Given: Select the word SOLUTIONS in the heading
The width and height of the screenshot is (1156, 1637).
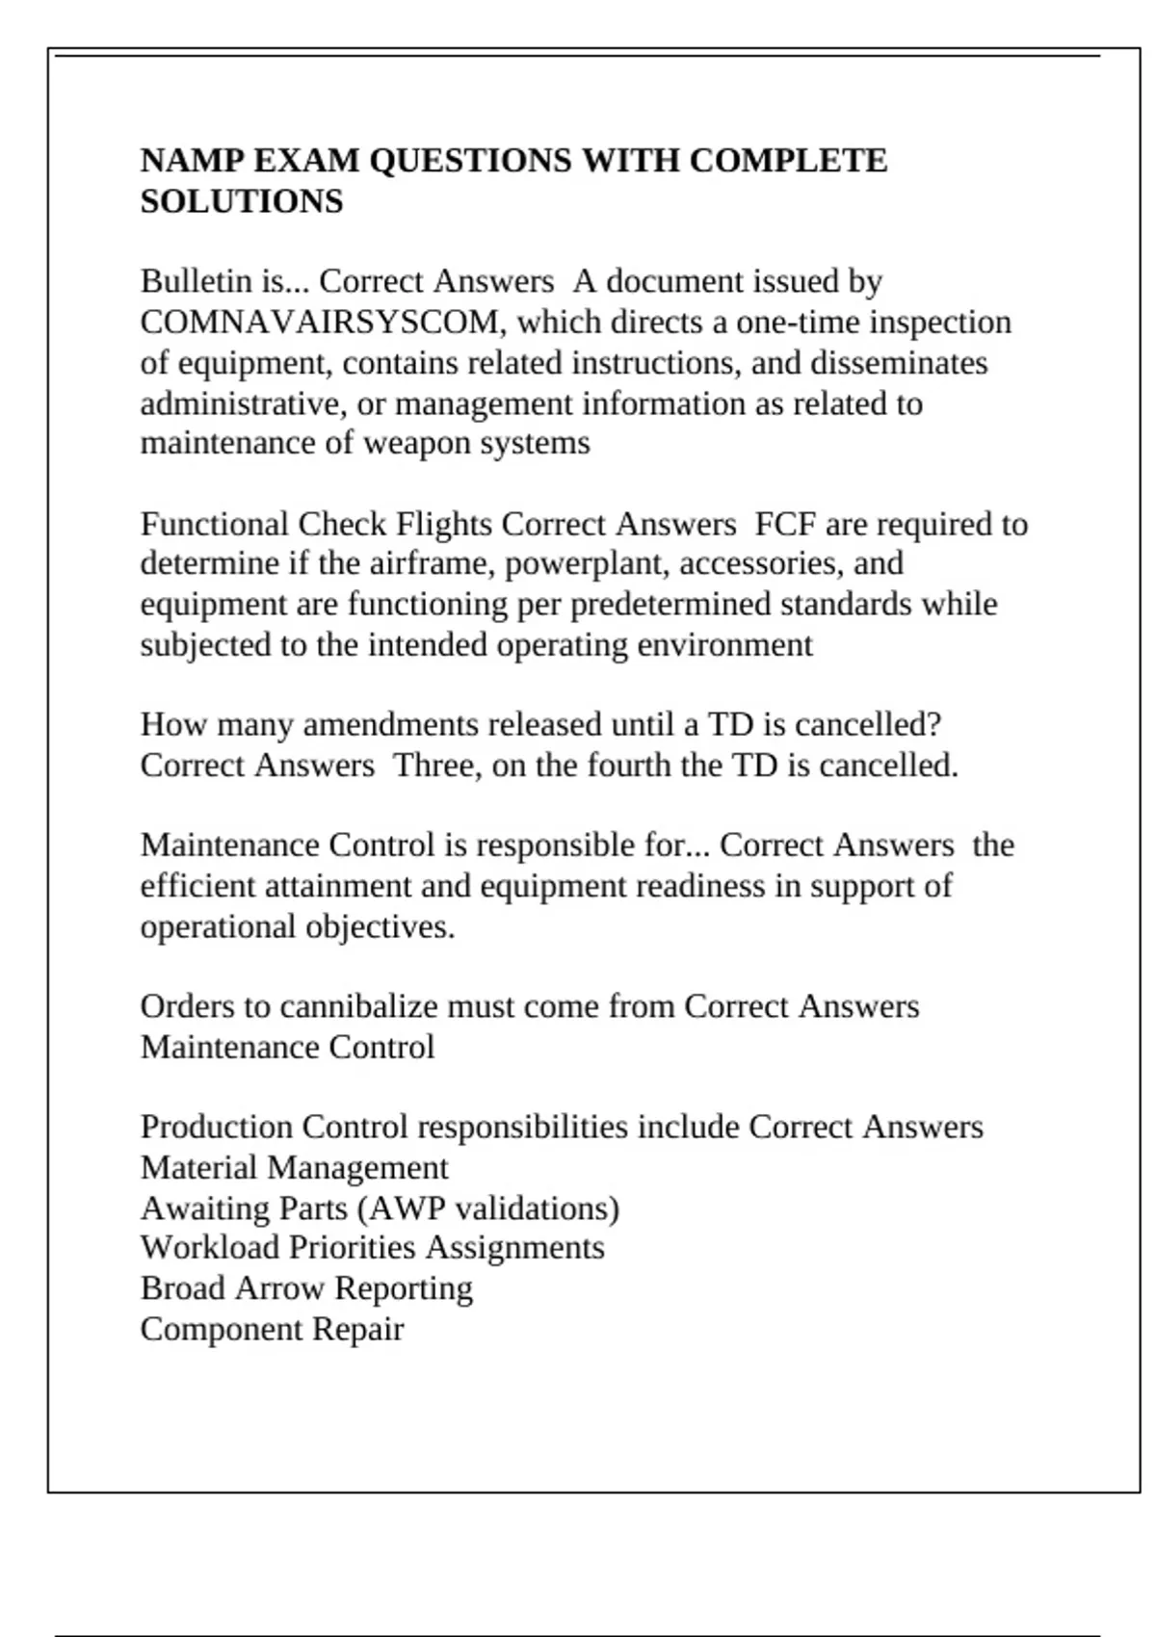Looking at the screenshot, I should click(242, 201).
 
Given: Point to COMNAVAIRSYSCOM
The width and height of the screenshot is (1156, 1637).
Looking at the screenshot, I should click(319, 322).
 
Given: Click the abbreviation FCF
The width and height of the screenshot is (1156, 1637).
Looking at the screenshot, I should click(785, 524).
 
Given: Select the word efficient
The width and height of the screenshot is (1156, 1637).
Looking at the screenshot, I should click(197, 886).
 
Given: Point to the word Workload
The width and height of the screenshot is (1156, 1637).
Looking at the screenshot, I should click(210, 1248).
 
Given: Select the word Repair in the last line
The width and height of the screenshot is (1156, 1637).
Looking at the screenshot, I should click(358, 1329).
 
